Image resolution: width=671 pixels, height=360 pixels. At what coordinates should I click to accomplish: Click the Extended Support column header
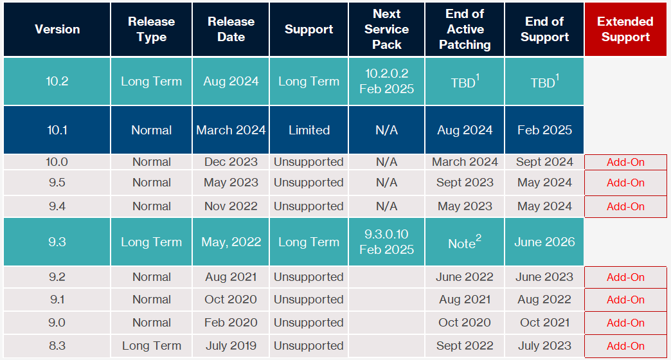pos(625,29)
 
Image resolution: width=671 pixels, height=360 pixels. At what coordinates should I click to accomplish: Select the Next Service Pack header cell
pos(386,29)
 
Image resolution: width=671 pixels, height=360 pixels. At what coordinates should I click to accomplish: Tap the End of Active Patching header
pos(465,29)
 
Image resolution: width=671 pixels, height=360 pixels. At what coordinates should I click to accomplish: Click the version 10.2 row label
pos(57,82)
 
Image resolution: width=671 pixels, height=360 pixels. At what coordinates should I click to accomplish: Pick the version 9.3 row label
pos(57,242)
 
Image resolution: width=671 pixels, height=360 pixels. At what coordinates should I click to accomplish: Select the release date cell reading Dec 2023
pos(231,162)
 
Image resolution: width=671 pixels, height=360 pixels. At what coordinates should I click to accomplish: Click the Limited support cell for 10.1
pos(309,130)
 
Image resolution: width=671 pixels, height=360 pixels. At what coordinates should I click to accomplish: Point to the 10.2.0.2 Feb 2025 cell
pos(386,82)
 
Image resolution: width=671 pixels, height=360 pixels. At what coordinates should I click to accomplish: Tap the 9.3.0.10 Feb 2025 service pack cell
pos(386,242)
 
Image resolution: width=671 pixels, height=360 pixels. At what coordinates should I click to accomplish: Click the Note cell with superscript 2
pos(465,242)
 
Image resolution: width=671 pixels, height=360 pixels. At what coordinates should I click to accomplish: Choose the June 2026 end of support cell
pos(544,242)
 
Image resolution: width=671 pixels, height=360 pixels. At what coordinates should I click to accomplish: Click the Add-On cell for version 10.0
pos(625,162)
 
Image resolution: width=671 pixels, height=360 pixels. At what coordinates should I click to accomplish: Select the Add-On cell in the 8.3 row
pos(625,346)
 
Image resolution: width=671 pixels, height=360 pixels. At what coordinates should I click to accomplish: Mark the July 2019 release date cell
pos(231,346)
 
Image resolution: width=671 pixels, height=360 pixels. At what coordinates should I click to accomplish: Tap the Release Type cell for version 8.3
pos(152,346)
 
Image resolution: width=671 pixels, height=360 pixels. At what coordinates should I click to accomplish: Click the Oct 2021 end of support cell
pos(544,323)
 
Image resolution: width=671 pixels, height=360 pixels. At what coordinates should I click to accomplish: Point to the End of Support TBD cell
pos(544,82)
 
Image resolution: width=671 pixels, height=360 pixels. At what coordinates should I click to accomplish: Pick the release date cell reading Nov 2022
pos(231,206)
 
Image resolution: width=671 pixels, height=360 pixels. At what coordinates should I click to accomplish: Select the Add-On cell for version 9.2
pos(625,277)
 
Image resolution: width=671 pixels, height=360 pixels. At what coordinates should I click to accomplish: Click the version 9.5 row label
pos(57,183)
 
